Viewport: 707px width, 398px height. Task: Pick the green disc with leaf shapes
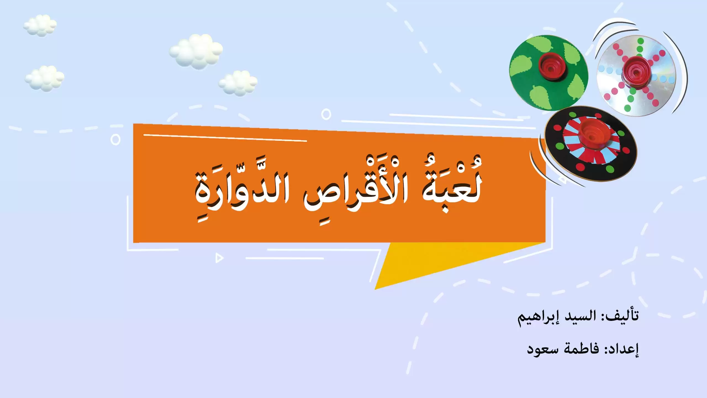click(x=548, y=72)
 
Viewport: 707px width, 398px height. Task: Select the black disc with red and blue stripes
click(x=591, y=143)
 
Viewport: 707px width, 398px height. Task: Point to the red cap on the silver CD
click(x=635, y=72)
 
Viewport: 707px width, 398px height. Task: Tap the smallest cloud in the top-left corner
click(x=40, y=25)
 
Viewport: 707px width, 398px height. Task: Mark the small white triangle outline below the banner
click(x=219, y=258)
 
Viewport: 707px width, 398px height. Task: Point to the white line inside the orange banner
click(x=225, y=138)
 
